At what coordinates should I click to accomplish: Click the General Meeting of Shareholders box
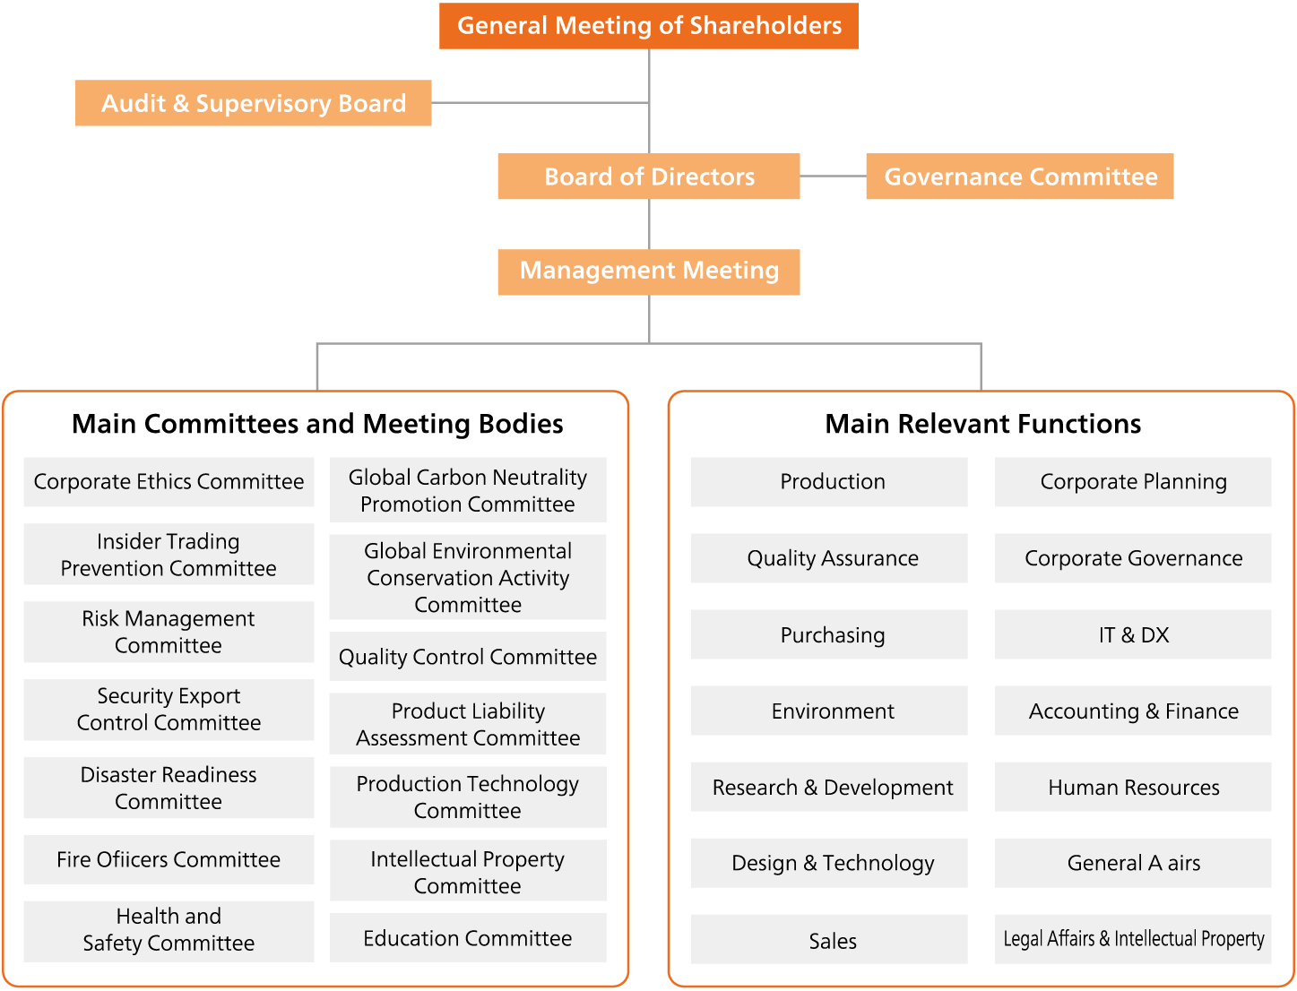click(x=648, y=26)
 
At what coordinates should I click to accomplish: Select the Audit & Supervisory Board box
click(x=253, y=103)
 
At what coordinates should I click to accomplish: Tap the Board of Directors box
click(x=649, y=176)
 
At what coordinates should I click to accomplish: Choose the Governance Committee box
click(x=1020, y=176)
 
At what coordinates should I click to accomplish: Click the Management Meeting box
click(x=649, y=271)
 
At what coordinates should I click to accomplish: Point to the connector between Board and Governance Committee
click(x=834, y=176)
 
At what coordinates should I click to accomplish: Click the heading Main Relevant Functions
click(x=982, y=424)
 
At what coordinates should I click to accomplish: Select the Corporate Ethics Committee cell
click(x=169, y=481)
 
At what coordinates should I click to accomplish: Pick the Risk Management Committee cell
click(x=169, y=632)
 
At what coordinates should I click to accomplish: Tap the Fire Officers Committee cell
click(x=169, y=859)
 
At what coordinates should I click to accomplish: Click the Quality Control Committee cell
click(x=468, y=656)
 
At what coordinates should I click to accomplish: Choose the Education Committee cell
click(x=468, y=938)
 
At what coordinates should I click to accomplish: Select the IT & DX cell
click(x=1133, y=634)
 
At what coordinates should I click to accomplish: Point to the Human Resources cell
click(x=1133, y=787)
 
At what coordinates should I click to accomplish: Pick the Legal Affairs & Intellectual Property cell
click(x=1133, y=939)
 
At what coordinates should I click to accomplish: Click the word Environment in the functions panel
click(x=833, y=711)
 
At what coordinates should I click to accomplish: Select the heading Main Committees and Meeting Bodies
click(x=317, y=424)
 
